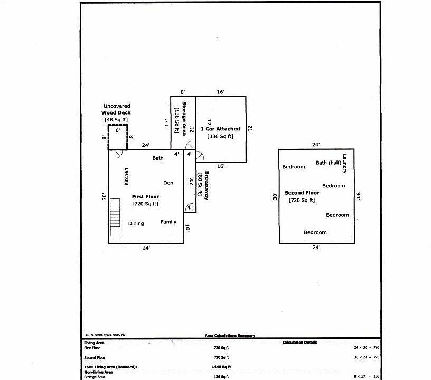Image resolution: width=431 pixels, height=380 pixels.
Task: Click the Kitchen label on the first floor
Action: pos(126,176)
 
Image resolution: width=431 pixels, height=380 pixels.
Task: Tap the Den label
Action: pos(168,183)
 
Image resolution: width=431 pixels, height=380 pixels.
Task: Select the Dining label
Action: pos(136,224)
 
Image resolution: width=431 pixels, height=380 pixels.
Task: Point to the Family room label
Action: pos(168,222)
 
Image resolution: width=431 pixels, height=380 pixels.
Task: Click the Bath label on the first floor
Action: pos(158,158)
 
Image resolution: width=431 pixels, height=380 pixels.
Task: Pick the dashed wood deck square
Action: pos(118,137)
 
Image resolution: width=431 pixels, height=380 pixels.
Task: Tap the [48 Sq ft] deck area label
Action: pos(116,120)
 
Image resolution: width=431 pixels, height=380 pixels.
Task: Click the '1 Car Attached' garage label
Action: pos(220,129)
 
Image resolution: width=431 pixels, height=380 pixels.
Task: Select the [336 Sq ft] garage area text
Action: pos(220,136)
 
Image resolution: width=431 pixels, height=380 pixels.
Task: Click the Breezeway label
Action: pos(207,186)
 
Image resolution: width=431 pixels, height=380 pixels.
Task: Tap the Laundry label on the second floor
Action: pos(344,164)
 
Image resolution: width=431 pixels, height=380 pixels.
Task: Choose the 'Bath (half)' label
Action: pos(328,163)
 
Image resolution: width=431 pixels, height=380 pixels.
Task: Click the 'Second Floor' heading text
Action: pos(302,193)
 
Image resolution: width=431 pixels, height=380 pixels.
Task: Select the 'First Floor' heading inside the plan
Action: pos(145,197)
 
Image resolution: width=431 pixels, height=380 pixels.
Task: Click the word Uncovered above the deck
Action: pos(117,106)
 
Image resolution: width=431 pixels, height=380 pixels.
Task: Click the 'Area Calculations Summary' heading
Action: pos(230,335)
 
